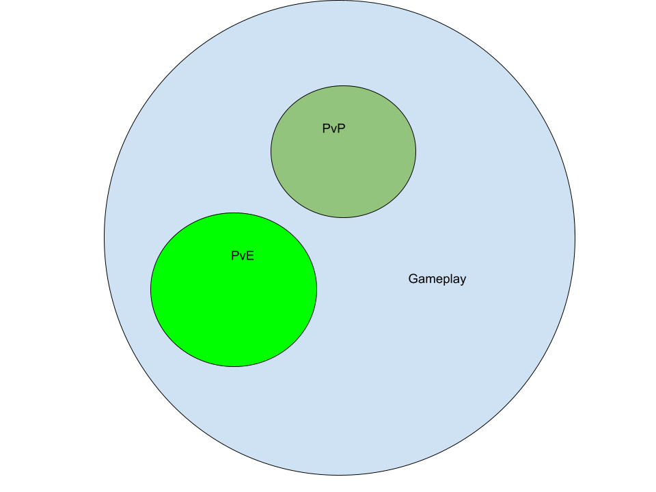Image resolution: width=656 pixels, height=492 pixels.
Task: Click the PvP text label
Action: (334, 128)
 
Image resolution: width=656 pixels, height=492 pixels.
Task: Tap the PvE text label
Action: (243, 256)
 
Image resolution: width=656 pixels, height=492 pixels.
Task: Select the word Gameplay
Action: (437, 279)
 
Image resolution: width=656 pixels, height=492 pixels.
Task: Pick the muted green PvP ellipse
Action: (344, 167)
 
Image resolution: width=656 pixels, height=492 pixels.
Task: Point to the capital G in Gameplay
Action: (413, 279)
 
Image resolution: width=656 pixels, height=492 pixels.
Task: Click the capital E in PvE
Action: (250, 256)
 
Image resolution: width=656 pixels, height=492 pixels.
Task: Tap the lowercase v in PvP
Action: (334, 130)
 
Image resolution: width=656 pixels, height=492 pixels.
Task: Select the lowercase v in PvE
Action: (242, 257)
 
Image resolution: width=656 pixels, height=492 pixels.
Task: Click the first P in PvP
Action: (327, 128)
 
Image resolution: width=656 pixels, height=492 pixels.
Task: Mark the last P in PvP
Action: (342, 128)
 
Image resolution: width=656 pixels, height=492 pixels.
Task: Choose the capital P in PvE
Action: (235, 256)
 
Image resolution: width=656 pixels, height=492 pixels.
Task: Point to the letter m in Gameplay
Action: (430, 280)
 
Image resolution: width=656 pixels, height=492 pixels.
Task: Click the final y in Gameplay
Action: (463, 282)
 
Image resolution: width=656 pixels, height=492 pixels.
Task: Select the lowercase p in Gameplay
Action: (446, 282)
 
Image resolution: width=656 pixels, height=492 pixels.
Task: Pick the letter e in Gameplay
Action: (439, 280)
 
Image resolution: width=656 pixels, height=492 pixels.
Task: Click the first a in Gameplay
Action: (422, 280)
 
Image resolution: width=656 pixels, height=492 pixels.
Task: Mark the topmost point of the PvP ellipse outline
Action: (344, 86)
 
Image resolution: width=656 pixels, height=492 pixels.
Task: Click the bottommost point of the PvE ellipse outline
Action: (234, 366)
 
